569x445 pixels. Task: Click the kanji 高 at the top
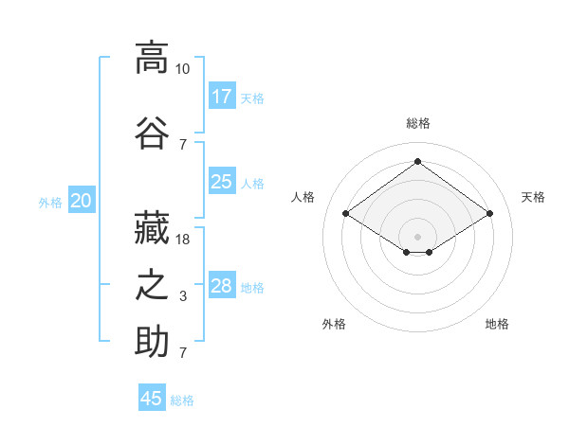(152, 58)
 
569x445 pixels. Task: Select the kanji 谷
(152, 133)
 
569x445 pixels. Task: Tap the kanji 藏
(152, 227)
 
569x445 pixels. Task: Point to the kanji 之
(152, 285)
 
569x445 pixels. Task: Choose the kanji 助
(152, 341)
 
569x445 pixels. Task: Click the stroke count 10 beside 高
(182, 69)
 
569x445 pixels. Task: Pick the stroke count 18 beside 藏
(182, 240)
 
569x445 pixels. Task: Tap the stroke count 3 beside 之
(183, 296)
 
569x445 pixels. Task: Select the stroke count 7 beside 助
(183, 352)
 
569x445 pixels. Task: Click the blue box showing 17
(222, 96)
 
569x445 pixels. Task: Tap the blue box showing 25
(222, 181)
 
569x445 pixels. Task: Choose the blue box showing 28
(222, 284)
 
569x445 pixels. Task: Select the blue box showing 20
(82, 200)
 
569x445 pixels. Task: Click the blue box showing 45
(152, 397)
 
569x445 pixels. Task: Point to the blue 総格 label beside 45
(182, 400)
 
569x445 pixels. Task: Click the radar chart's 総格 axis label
(418, 123)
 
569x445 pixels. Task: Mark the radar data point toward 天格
(489, 213)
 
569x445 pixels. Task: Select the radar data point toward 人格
(345, 213)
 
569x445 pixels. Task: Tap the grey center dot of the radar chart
(417, 237)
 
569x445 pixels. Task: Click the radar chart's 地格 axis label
(497, 324)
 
